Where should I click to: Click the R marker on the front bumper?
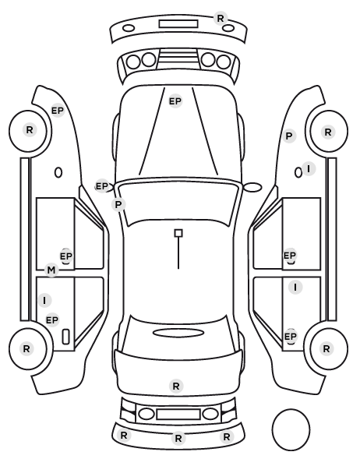pos(221,19)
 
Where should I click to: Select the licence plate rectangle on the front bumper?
pos(178,24)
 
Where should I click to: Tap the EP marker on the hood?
pos(175,101)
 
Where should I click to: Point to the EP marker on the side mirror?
pos(102,186)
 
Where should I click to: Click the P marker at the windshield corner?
pos(118,205)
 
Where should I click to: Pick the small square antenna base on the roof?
pos(178,233)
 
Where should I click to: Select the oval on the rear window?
pos(178,333)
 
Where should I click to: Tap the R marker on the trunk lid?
pos(175,387)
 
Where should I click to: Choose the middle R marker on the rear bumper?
pos(178,438)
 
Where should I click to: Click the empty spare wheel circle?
pos(291,429)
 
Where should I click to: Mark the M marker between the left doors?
pos(51,270)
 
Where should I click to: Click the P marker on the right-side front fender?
pos(289,136)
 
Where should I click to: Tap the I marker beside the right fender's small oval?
pos(309,169)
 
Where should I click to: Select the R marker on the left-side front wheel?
pos(30,130)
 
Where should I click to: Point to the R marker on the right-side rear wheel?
pos(326,348)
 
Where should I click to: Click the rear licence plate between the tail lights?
pos(178,415)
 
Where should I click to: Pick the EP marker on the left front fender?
pos(58,111)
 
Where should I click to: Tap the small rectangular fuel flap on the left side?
pos(65,337)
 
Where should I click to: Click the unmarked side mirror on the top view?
pos(252,187)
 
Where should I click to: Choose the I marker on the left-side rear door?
pos(44,301)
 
